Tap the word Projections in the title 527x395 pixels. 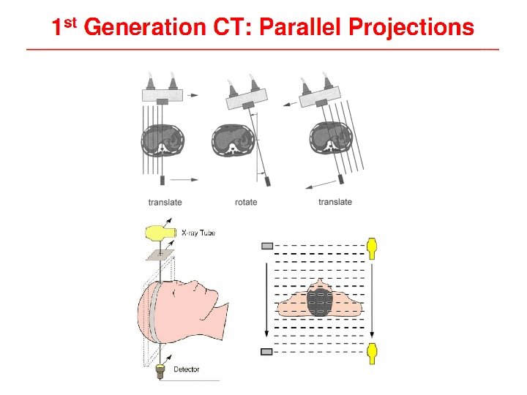411,28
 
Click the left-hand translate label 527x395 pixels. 165,202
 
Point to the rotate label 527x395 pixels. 246,202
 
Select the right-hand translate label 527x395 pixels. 335,202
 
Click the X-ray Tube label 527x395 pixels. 198,233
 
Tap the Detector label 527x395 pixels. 187,369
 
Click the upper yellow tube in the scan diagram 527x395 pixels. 373,247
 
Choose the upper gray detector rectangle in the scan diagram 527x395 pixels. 266,245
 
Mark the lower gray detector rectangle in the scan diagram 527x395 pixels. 266,352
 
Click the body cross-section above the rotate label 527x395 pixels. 232,140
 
